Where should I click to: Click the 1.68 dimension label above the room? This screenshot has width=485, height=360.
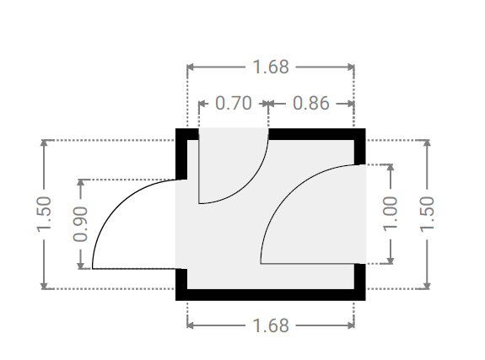click(271, 67)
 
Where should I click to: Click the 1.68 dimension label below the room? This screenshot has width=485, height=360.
click(271, 325)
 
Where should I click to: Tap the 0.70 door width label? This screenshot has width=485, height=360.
click(233, 103)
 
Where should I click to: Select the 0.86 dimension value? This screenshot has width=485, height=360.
click(311, 103)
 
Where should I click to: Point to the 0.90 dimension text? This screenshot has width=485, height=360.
click(80, 224)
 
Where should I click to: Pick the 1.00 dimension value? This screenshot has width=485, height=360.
click(391, 214)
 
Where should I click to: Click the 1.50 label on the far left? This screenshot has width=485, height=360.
click(44, 214)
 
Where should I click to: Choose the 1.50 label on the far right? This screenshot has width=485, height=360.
click(427, 214)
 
